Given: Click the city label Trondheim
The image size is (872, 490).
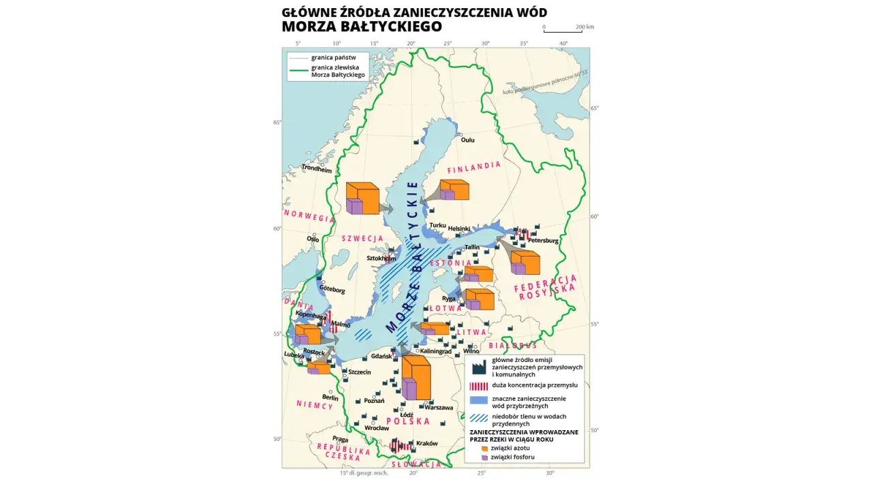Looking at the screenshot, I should click(317, 167).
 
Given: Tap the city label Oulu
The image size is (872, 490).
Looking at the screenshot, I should click(467, 140).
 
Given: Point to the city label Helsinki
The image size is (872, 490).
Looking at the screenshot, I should click(459, 229).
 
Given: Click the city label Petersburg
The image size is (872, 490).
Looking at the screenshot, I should click(543, 241).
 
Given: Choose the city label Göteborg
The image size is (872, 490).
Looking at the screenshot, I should click(332, 291).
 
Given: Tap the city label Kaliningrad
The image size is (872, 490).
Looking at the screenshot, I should click(436, 351).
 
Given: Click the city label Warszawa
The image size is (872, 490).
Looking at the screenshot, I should click(438, 408).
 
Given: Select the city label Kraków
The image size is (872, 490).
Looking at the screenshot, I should click(426, 443).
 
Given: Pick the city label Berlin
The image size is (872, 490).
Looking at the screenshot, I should click(330, 397).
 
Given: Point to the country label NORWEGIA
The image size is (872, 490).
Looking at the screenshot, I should click(309, 216).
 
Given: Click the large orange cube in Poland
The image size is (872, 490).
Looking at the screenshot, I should click(416, 378).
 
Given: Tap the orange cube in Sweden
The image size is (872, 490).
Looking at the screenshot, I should click(362, 198).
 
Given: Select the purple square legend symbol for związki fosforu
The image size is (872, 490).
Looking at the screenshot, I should click(484, 457).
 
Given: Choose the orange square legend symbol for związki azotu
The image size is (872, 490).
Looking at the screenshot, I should click(484, 448).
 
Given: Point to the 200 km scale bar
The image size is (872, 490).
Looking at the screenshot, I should click(562, 32).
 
